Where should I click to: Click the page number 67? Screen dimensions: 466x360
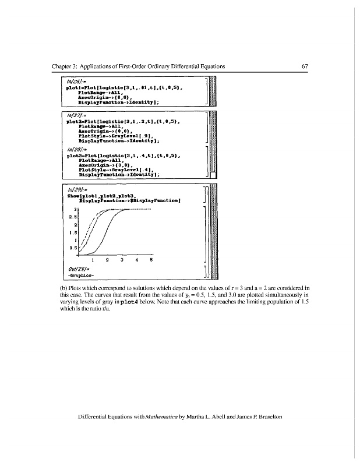[304, 66]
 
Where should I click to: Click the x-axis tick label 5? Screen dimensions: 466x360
[151, 260]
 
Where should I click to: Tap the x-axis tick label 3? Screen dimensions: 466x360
[121, 260]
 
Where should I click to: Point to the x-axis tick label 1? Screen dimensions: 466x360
[92, 260]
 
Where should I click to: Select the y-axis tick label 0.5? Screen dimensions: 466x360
[73, 248]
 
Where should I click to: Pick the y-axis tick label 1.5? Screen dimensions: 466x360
[73, 233]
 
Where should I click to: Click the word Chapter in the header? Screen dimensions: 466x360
[65, 66]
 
